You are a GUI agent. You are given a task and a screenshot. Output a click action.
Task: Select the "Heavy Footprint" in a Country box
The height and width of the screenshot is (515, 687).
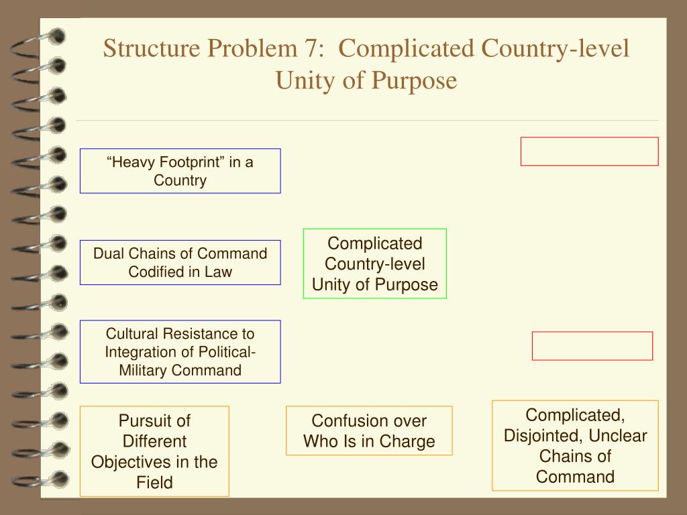180,171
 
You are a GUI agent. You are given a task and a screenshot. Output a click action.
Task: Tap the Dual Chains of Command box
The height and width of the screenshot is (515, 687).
180,262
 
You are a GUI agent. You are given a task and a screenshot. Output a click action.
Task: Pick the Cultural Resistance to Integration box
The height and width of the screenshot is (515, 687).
180,351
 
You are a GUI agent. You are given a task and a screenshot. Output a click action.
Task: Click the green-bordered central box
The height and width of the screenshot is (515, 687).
374,264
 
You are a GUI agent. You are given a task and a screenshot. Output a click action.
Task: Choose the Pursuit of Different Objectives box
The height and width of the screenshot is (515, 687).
154,451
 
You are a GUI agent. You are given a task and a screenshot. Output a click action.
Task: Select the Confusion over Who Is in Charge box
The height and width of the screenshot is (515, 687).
369,431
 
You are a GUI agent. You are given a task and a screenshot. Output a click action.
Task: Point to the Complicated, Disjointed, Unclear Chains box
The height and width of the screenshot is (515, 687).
575,445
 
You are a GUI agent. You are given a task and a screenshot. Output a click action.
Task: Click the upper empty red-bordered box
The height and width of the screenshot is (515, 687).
589,151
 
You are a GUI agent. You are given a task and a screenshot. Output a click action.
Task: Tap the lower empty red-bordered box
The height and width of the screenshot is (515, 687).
592,345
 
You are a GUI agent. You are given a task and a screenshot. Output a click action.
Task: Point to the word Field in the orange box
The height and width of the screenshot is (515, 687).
154,482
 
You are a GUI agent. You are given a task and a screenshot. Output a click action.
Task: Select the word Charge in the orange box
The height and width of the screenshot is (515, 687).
407,441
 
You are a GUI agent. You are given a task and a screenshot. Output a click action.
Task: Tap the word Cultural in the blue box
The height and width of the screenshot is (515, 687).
130,333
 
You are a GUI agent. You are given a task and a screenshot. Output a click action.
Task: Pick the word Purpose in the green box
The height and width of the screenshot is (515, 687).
405,284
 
